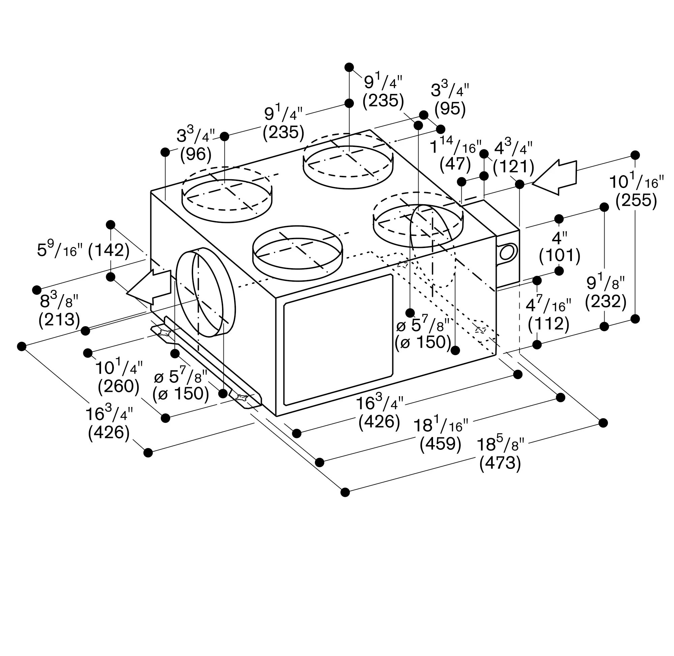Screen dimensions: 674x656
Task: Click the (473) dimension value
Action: point(500,463)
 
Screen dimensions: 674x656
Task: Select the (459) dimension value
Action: point(440,444)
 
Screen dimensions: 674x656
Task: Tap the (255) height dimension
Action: point(636,200)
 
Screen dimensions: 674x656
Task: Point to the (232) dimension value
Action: point(606,302)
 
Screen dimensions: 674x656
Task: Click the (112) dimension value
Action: point(548,324)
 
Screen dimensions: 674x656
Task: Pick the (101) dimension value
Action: point(560,256)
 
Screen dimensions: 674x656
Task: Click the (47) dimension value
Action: point(455,164)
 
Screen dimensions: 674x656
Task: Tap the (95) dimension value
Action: point(450,109)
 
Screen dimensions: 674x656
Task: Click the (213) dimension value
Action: point(59,320)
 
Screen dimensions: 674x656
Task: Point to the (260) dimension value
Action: point(118,386)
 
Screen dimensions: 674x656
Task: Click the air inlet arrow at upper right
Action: point(554,177)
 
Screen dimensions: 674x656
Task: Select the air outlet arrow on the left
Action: point(149,287)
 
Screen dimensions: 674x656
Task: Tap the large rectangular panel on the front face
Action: point(338,340)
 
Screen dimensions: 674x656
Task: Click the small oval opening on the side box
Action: point(507,253)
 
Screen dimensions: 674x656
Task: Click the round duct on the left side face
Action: point(206,292)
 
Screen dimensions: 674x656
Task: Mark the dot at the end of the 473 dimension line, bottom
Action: point(345,492)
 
